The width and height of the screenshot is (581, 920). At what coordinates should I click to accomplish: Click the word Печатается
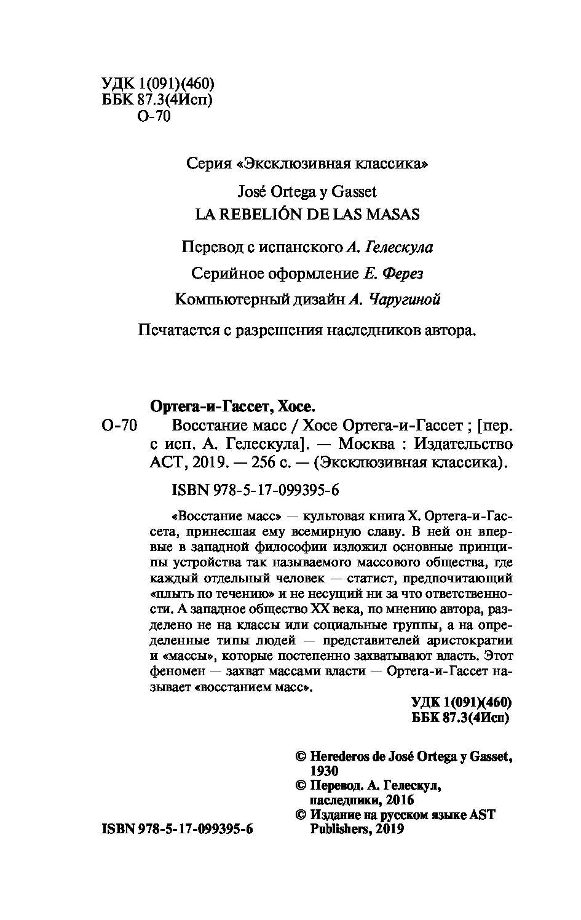[178, 330]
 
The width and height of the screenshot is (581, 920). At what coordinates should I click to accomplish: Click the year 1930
[325, 771]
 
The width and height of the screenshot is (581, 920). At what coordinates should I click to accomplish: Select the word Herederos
[339, 756]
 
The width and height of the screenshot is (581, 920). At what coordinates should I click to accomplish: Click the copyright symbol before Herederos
[301, 756]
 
